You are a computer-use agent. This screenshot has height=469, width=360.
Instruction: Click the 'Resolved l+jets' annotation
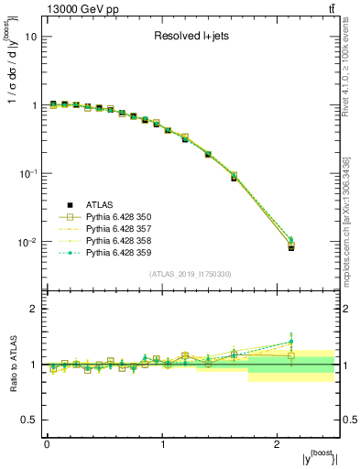[191, 37]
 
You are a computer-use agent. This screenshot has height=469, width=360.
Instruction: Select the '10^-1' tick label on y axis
[27, 174]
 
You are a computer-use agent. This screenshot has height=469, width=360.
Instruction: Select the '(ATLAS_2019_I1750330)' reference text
[191, 274]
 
